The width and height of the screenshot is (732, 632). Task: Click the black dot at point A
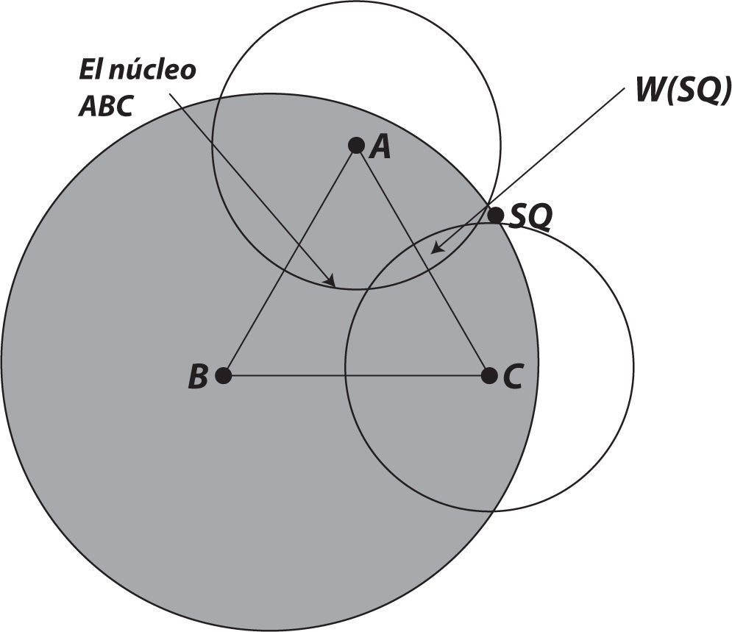coord(356,146)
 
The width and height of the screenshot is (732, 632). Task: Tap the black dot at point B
coord(224,376)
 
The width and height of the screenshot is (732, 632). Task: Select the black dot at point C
coord(489,375)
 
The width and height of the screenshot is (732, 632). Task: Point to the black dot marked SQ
coord(496,215)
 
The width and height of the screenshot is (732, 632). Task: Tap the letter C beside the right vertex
coord(513,377)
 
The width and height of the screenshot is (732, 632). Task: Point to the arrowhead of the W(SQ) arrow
coord(436,249)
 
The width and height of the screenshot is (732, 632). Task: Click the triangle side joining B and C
coord(353,376)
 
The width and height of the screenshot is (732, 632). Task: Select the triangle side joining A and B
coord(290,261)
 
